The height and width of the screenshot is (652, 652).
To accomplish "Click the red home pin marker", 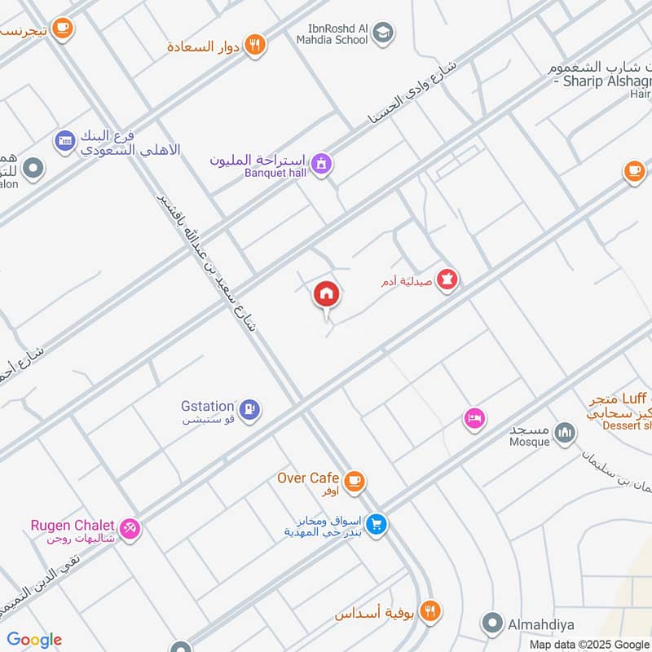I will tap(326, 294).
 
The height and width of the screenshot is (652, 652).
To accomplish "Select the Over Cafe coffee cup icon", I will tap(354, 481).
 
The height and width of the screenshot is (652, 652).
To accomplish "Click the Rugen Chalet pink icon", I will tap(129, 528).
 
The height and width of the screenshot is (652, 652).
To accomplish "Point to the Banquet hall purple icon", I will tap(322, 164).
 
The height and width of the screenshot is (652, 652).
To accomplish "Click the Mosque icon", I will tap(564, 433).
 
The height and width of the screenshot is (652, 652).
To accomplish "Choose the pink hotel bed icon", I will tap(474, 419).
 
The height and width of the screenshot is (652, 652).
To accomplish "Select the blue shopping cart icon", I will tap(375, 524).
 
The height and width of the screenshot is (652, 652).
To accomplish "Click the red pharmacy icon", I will tap(447, 280).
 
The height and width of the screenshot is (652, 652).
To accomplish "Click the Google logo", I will tap(33, 640).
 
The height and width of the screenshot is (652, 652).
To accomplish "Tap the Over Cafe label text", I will tap(308, 478).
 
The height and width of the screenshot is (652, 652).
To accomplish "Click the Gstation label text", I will tap(208, 406).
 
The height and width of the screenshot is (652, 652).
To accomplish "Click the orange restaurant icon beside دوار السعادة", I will tap(256, 46).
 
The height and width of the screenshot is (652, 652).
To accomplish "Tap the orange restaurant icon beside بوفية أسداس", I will tap(430, 609).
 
